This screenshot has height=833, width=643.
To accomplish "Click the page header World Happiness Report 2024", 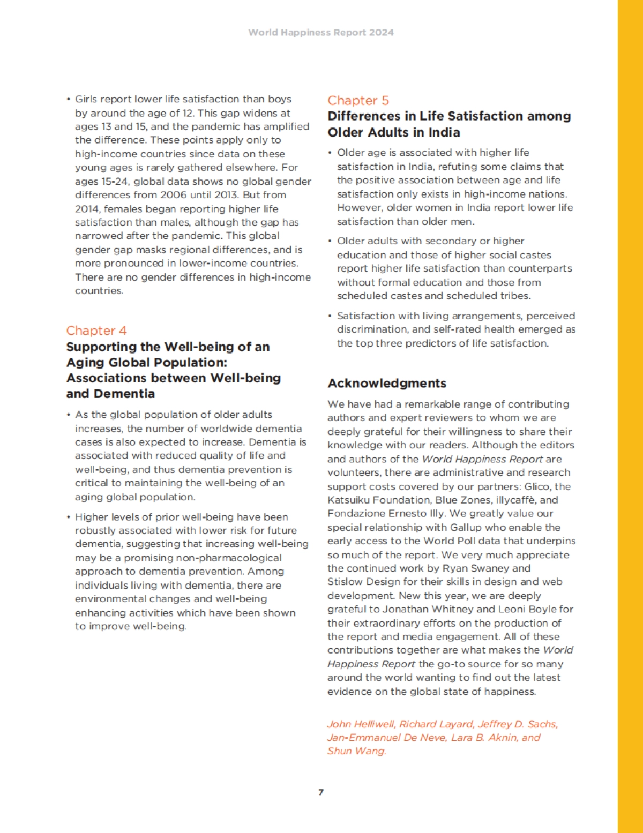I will click(x=320, y=32).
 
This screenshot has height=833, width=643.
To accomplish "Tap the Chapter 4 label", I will click(x=96, y=331).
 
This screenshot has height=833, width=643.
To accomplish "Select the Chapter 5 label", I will click(x=358, y=100).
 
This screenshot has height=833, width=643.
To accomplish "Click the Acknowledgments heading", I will click(x=387, y=383).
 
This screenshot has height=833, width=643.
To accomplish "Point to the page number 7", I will click(x=321, y=792).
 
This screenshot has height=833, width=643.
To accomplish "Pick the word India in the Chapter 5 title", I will click(x=444, y=132).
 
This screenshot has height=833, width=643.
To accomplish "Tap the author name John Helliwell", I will click(x=361, y=724).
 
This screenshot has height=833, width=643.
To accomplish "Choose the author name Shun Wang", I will click(x=356, y=751).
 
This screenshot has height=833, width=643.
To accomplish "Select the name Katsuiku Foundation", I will click(x=379, y=500).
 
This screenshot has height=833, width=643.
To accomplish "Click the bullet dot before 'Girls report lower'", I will click(x=69, y=100).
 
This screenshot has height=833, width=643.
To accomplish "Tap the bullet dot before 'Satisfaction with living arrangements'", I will click(x=330, y=316).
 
